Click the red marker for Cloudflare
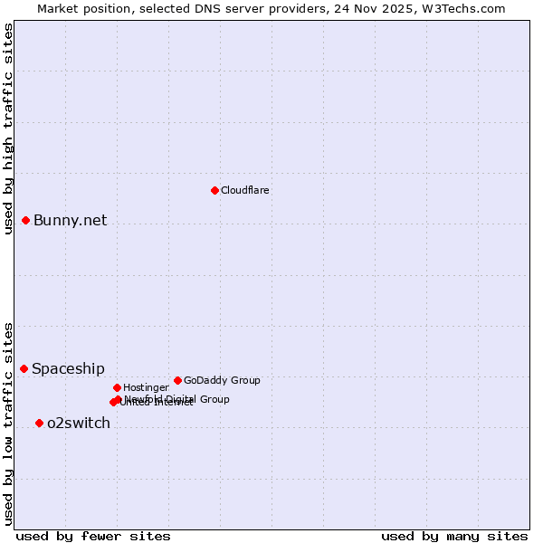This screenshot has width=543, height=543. click(214, 190)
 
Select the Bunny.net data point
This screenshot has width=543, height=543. click(26, 220)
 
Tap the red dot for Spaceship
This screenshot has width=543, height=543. click(24, 368)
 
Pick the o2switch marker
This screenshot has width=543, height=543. click(39, 423)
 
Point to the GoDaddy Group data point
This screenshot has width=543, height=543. click(177, 380)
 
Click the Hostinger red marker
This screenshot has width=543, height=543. click(117, 387)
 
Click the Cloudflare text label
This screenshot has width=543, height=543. click(245, 190)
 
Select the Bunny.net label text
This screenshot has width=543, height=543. click(71, 221)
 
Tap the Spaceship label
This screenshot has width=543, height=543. click(68, 369)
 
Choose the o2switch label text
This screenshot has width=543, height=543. click(79, 424)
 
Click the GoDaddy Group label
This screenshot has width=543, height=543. click(222, 380)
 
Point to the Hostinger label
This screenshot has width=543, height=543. click(146, 387)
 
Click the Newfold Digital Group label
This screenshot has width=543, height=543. click(177, 399)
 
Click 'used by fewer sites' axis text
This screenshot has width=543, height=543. click(93, 537)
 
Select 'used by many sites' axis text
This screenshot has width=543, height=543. click(454, 537)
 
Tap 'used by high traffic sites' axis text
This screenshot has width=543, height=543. click(9, 129)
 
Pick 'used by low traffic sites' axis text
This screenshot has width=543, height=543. click(9, 424)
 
